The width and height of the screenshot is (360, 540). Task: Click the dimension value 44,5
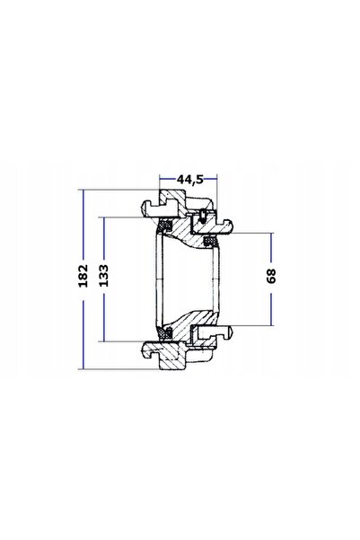[x=190, y=179]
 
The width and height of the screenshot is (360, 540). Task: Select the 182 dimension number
[x=83, y=276]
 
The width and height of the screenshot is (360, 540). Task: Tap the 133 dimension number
[x=103, y=276]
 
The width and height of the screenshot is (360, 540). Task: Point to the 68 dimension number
[x=271, y=276]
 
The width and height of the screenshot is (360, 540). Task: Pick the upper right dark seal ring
[x=209, y=241]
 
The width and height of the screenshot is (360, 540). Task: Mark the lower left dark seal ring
[x=165, y=333]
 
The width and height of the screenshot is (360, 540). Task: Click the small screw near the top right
[x=203, y=216]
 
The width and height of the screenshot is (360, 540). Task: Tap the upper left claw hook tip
[x=144, y=207]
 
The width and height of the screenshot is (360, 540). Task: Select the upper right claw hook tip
[x=231, y=226]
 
